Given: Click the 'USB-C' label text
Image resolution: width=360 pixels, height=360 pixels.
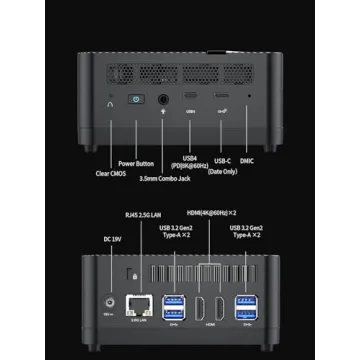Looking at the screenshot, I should pyautogui.click(x=222, y=160).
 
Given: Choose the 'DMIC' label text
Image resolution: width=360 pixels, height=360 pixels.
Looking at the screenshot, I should pyautogui.click(x=249, y=160).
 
